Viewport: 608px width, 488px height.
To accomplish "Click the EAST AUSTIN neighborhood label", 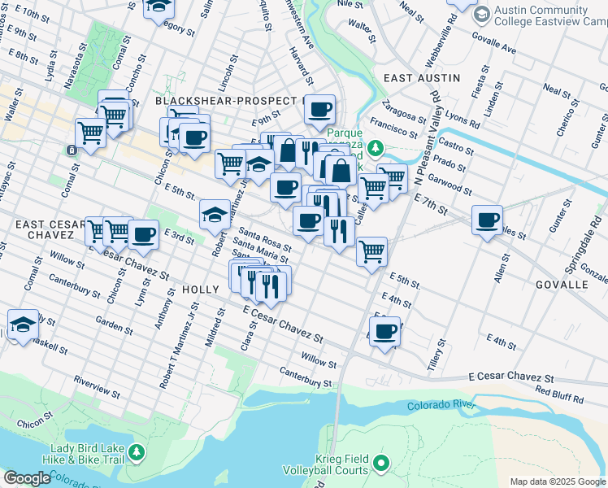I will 422,78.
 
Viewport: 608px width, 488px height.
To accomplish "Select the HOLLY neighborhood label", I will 201,289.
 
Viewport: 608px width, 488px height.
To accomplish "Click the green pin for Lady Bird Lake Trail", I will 137,451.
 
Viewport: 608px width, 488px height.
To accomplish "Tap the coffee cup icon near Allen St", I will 488,220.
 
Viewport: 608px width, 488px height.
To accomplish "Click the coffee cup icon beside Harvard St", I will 319,108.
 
